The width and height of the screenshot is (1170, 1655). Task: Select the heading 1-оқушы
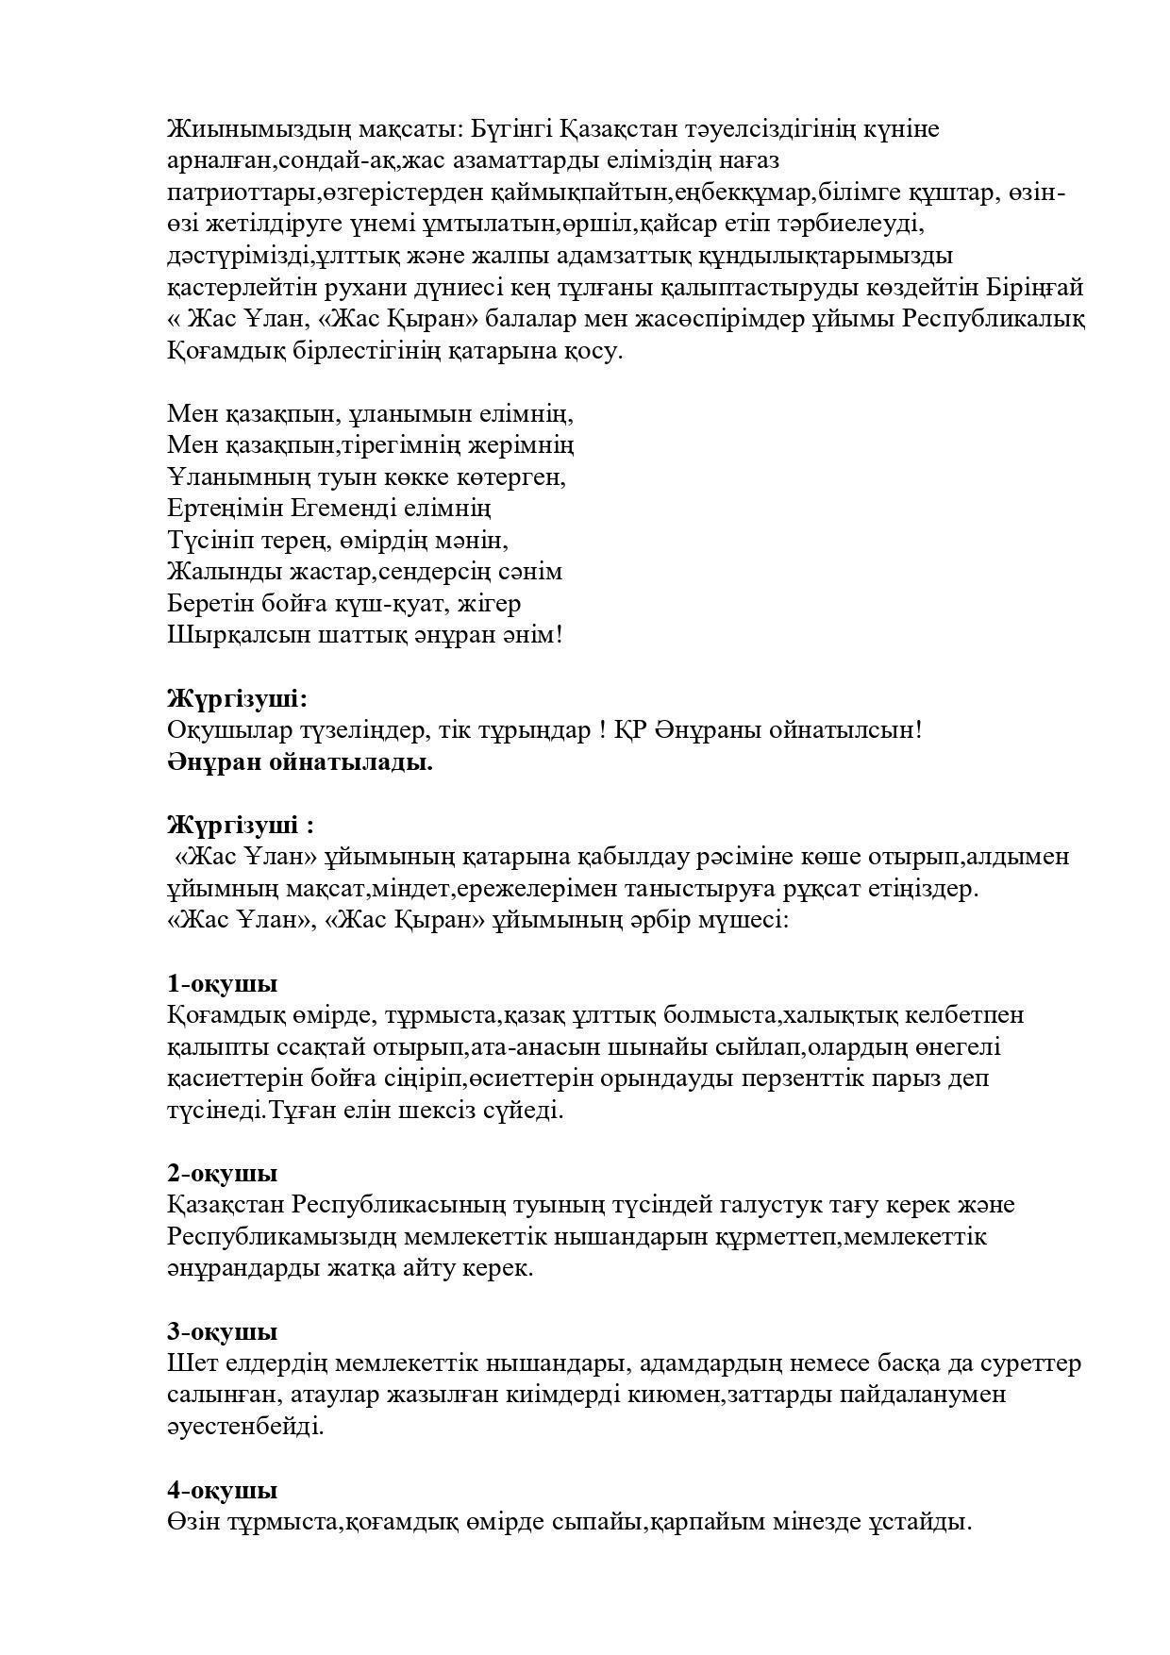222,983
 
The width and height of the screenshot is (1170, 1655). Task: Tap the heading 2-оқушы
222,1173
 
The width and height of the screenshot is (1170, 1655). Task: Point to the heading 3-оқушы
222,1331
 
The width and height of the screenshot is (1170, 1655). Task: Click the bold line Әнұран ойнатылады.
300,761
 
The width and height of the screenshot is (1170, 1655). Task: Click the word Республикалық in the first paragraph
994,319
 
